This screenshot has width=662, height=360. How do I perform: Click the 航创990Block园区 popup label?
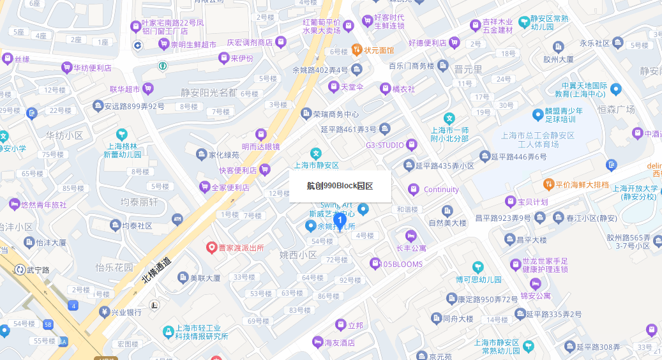[x=340, y=186]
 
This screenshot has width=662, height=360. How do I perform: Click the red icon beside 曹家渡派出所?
[x=212, y=247]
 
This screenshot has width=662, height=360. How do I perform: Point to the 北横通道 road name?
[x=156, y=269]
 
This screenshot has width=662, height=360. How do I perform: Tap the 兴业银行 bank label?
[x=126, y=312]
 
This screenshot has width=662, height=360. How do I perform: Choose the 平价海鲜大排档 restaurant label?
[x=582, y=184]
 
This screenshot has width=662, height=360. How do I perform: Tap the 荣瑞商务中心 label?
[x=335, y=114]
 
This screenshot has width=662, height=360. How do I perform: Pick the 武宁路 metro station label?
[x=38, y=269]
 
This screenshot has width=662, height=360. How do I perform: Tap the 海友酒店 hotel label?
[x=339, y=342]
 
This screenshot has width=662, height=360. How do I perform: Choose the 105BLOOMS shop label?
[x=401, y=264]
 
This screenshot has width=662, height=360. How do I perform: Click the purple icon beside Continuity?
[x=414, y=189]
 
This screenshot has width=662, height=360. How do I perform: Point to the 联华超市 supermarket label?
[x=124, y=89]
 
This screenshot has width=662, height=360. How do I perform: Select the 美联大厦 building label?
[x=205, y=278]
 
